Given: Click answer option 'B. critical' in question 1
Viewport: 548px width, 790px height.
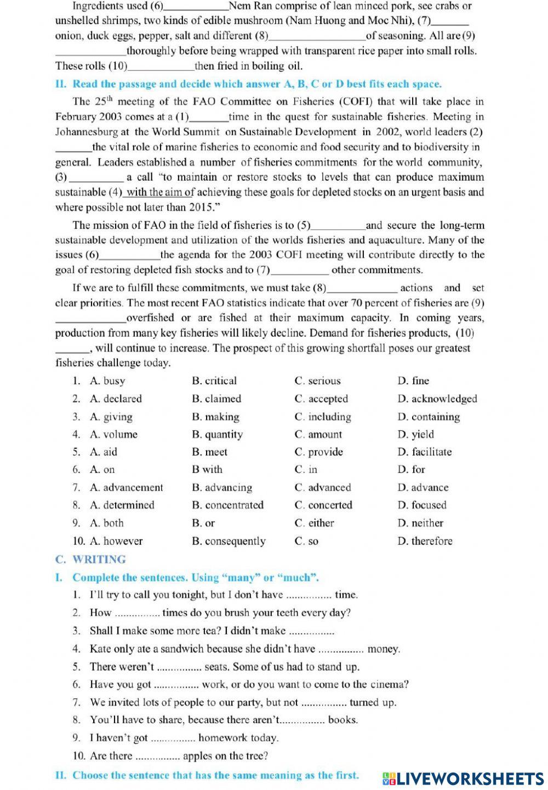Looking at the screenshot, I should coord(214,381).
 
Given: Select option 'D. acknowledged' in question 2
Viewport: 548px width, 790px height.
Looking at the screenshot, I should coord(437,399).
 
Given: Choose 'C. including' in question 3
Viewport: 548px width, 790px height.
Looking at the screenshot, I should coord(323,417).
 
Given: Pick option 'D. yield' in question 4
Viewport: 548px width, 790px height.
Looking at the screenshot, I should coord(415,435).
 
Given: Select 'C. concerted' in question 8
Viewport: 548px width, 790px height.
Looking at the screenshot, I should coord(323,505).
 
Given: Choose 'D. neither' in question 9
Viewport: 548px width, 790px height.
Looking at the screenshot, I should coord(420,523).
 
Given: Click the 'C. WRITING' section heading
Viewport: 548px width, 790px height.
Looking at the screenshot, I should coord(90,560).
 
